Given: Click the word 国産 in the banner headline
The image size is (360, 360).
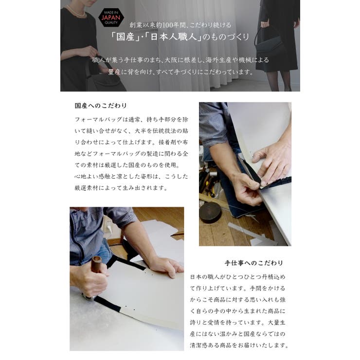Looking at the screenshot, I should click(x=121, y=37).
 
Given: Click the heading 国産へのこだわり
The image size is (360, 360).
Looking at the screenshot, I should click(x=101, y=105).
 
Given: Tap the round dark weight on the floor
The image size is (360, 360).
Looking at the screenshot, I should click(x=210, y=212).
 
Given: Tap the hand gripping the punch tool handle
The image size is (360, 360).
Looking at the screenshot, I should click(x=88, y=280).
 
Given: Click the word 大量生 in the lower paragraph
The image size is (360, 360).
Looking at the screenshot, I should click(x=278, y=322).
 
